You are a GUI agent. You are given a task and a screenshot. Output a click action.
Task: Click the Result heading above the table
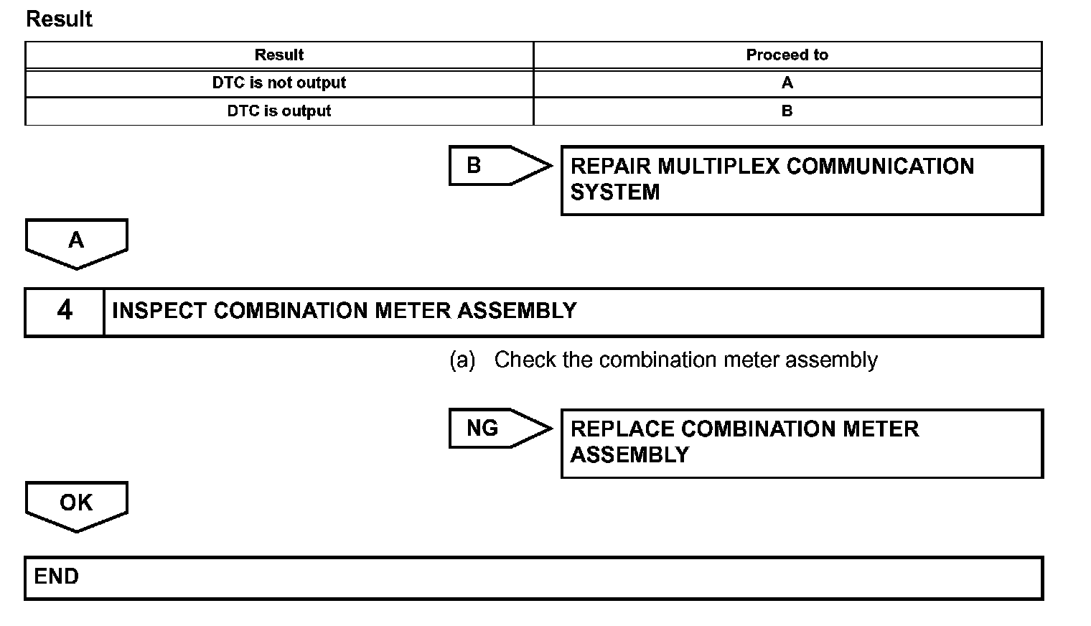pos(59,19)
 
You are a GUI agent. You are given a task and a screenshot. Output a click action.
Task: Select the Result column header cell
pos(279,55)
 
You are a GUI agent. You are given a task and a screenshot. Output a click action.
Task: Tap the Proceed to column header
pos(787,55)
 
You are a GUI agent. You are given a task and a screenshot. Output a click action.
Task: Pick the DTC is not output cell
pos(279,83)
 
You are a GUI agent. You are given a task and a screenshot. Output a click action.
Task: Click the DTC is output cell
pos(279,111)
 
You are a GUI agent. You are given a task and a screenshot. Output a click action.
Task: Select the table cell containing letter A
pos(787,83)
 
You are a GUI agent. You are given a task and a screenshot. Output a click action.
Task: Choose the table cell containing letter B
pos(787,111)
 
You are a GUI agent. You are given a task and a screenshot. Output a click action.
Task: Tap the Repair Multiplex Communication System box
pos(801,180)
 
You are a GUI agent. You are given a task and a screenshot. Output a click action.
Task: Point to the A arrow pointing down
pos(76,243)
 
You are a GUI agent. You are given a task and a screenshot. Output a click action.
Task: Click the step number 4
pos(65,311)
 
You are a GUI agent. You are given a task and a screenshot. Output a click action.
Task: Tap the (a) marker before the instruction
pos(462,360)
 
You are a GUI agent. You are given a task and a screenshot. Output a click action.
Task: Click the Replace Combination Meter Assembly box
pos(801,443)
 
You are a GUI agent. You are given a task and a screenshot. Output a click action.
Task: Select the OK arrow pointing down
pos(76,505)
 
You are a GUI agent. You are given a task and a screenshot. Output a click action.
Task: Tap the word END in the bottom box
pos(57,576)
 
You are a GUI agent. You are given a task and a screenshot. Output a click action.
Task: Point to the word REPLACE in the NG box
pos(622,429)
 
